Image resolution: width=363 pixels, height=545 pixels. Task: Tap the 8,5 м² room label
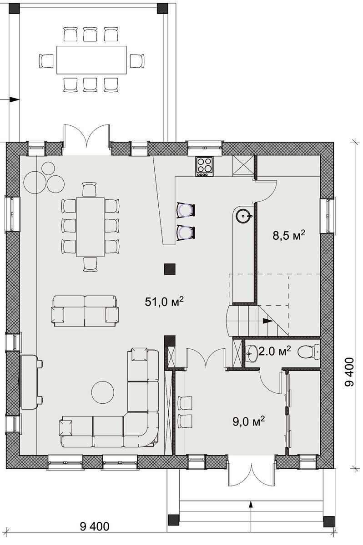[289, 235]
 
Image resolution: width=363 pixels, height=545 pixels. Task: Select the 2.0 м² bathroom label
[274, 352]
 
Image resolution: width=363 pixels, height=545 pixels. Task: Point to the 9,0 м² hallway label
[248, 421]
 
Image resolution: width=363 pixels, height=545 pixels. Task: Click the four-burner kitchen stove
[204, 166]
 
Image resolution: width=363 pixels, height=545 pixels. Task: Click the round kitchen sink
[243, 215]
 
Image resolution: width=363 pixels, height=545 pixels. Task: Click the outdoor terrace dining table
[91, 60]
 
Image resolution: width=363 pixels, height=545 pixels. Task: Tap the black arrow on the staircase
[268, 321]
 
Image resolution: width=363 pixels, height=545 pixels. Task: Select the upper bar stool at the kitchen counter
[186, 210]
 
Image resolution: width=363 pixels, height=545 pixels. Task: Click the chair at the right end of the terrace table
[137, 60]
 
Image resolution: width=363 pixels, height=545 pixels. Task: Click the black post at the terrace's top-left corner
[14, 8]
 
